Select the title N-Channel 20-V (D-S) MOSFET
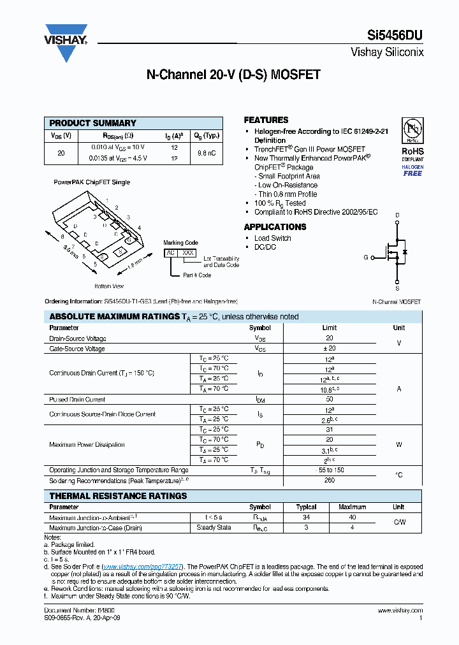(x=233, y=75)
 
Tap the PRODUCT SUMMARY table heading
(x=93, y=123)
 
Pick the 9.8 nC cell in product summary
(x=207, y=153)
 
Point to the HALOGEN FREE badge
(x=412, y=170)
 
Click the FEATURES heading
(x=266, y=120)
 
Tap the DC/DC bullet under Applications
(x=265, y=247)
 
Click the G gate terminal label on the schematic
(x=366, y=257)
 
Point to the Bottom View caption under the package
(x=109, y=286)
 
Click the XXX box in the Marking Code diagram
(x=188, y=253)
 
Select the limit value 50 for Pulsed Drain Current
(x=330, y=400)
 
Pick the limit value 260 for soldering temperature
(x=330, y=480)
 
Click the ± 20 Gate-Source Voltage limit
(x=330, y=349)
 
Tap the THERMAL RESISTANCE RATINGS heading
(x=118, y=496)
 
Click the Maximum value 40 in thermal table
(x=352, y=518)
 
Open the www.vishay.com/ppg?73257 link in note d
(x=143, y=566)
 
